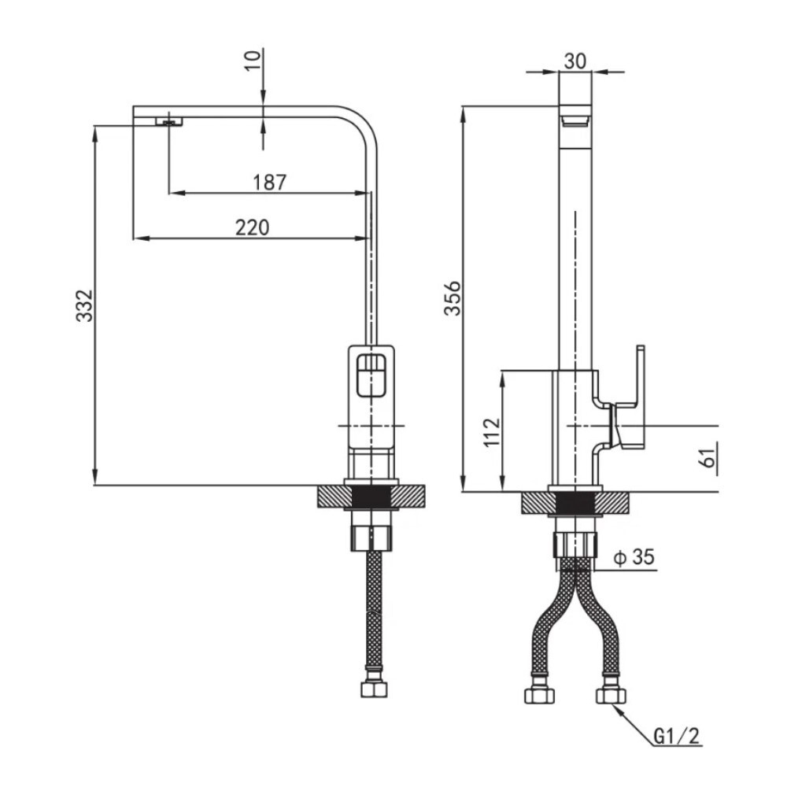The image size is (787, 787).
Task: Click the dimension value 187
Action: pyautogui.click(x=270, y=183)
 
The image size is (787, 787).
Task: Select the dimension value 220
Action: pyautogui.click(x=253, y=228)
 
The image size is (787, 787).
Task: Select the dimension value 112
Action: pyautogui.click(x=491, y=433)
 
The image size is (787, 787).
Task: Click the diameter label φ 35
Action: pyautogui.click(x=634, y=558)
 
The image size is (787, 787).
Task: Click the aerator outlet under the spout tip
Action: pyautogui.click(x=168, y=120)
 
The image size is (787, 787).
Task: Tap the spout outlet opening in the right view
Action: pyautogui.click(x=575, y=120)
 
